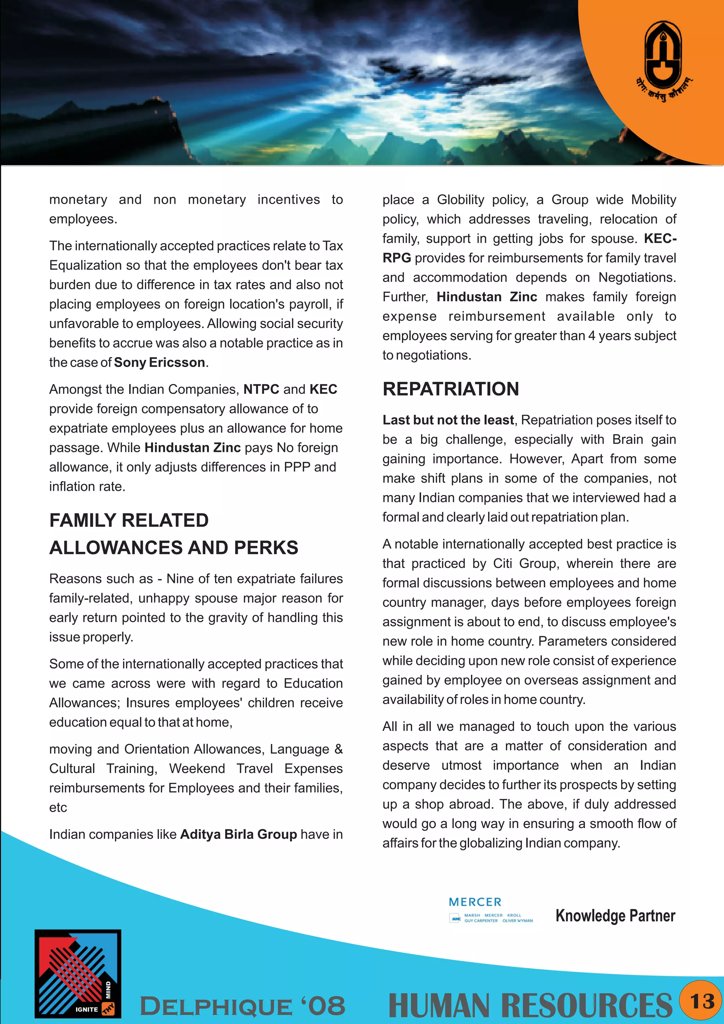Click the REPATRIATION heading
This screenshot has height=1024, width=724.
point(451,389)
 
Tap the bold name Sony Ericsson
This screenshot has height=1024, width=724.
point(159,362)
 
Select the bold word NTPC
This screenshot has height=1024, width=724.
point(261,389)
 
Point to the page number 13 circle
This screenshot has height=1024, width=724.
point(702,1001)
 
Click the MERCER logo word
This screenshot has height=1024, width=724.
point(475,902)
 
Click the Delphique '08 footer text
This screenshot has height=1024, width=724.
point(243,1007)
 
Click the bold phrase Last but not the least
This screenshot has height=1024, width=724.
point(448,420)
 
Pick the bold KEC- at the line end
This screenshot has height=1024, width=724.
point(660,239)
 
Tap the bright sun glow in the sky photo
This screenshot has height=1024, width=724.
point(441,60)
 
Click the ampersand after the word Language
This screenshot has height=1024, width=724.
point(338,749)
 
